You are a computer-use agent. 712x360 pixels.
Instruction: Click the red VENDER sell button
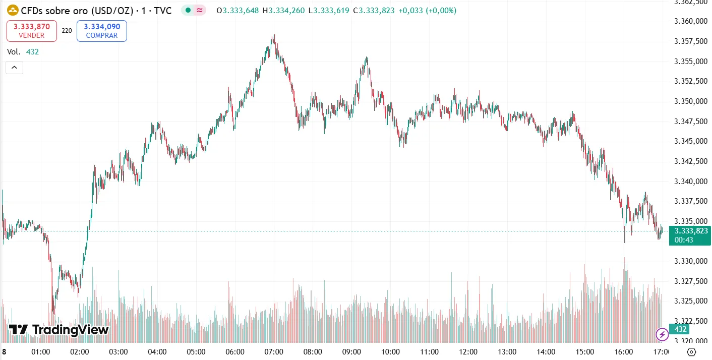point(32,31)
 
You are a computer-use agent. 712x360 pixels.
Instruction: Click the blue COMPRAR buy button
point(101,31)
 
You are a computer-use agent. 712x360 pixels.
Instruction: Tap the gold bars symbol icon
point(13,10)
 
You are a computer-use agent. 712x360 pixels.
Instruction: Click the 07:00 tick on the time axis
point(274,351)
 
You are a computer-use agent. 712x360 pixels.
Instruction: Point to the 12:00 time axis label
point(468,351)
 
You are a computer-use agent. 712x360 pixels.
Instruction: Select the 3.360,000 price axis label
point(690,21)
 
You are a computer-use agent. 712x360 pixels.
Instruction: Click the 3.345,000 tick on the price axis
point(690,141)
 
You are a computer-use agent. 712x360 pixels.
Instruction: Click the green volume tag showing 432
point(680,329)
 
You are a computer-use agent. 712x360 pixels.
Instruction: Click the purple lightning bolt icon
point(662,334)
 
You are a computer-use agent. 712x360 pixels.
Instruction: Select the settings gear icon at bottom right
point(692,352)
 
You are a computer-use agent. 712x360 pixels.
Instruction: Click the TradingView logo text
point(59,330)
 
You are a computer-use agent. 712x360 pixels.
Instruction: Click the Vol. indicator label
point(14,51)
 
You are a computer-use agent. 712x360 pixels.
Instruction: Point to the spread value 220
point(67,31)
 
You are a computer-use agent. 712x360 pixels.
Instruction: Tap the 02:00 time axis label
point(79,351)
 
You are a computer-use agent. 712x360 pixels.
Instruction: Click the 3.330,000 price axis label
point(690,261)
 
